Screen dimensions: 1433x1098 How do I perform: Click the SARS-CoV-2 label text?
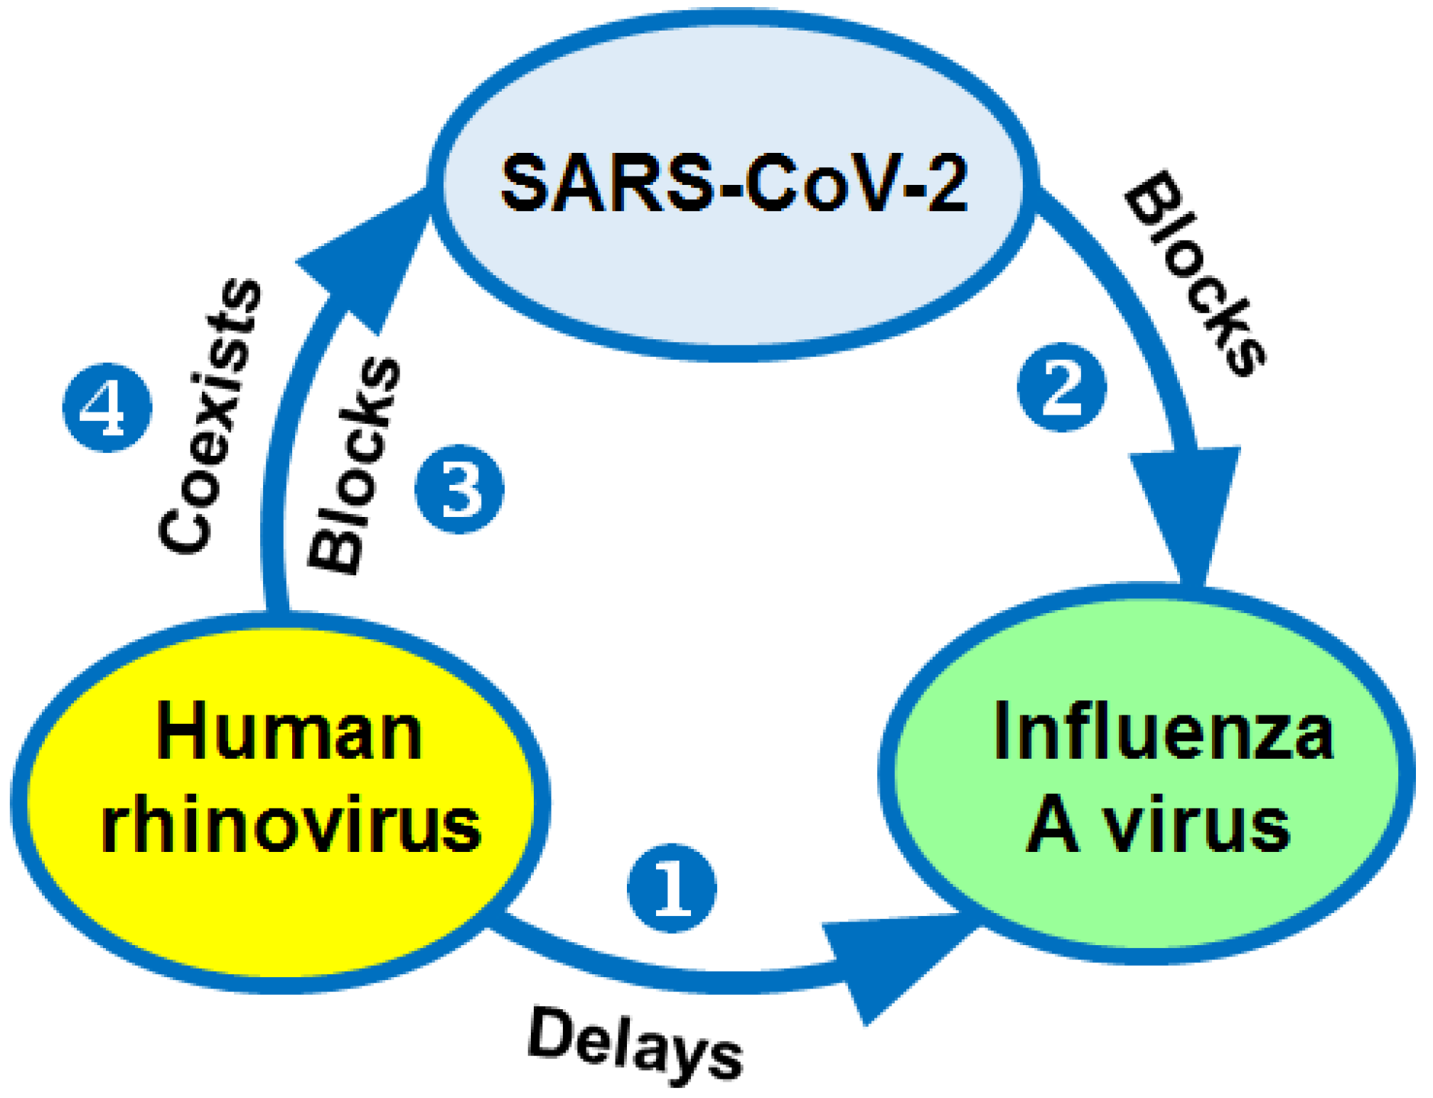pyautogui.click(x=734, y=183)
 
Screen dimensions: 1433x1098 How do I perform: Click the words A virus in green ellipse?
pyautogui.click(x=1158, y=825)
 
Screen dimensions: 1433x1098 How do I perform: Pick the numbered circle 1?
pyautogui.click(x=672, y=888)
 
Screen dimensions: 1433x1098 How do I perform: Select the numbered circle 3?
pyautogui.click(x=459, y=489)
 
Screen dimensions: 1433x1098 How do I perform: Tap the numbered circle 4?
pyautogui.click(x=107, y=407)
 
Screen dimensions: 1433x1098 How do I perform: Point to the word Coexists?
pyautogui.click(x=210, y=416)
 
